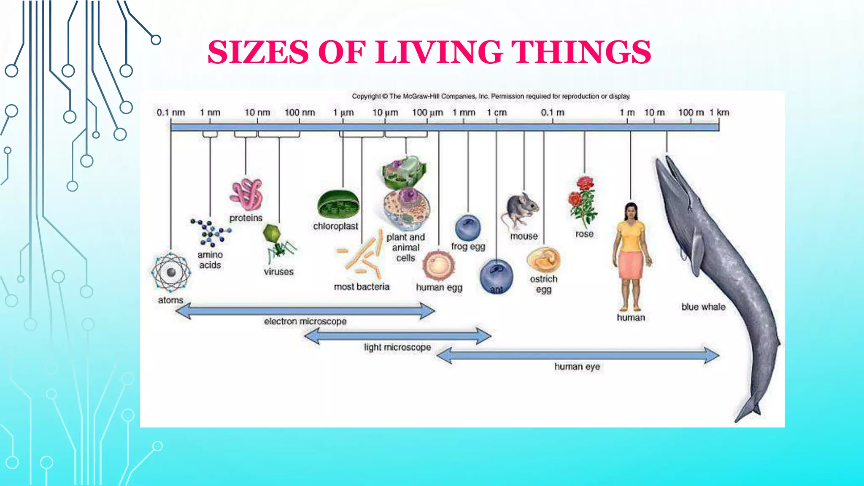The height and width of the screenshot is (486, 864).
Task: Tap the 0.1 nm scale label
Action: [170, 113]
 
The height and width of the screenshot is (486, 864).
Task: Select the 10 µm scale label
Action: [385, 113]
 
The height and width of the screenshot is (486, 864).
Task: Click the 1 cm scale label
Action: [497, 113]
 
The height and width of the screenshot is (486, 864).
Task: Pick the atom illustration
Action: [171, 272]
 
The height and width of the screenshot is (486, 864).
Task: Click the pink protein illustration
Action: [247, 194]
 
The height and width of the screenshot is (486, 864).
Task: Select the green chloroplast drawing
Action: [338, 205]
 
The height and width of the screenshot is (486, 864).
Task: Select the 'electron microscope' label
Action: [305, 321]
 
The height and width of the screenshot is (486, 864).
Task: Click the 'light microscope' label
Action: [397, 347]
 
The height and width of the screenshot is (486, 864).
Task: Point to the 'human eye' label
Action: [577, 367]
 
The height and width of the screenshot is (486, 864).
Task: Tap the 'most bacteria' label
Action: [362, 287]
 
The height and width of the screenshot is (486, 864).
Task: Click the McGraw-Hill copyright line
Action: [491, 96]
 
